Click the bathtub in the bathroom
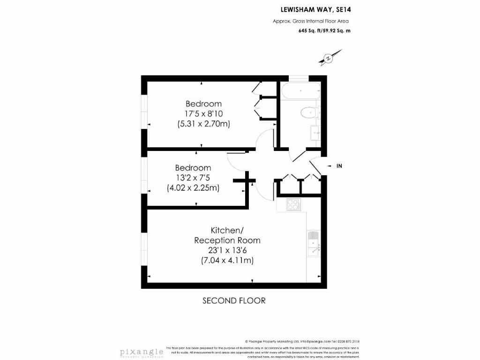(300, 90)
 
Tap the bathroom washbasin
(314, 133)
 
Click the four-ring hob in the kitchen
(293, 204)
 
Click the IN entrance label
(339, 166)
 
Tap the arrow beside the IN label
(329, 166)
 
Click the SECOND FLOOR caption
(234, 300)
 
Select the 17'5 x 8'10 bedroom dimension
(203, 114)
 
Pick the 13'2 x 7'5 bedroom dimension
(193, 178)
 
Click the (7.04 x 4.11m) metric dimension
(227, 260)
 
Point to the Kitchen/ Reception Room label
(227, 235)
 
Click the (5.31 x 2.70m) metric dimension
(203, 124)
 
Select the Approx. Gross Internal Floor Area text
(311, 21)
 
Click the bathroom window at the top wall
(298, 78)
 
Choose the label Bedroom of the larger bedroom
(203, 104)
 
